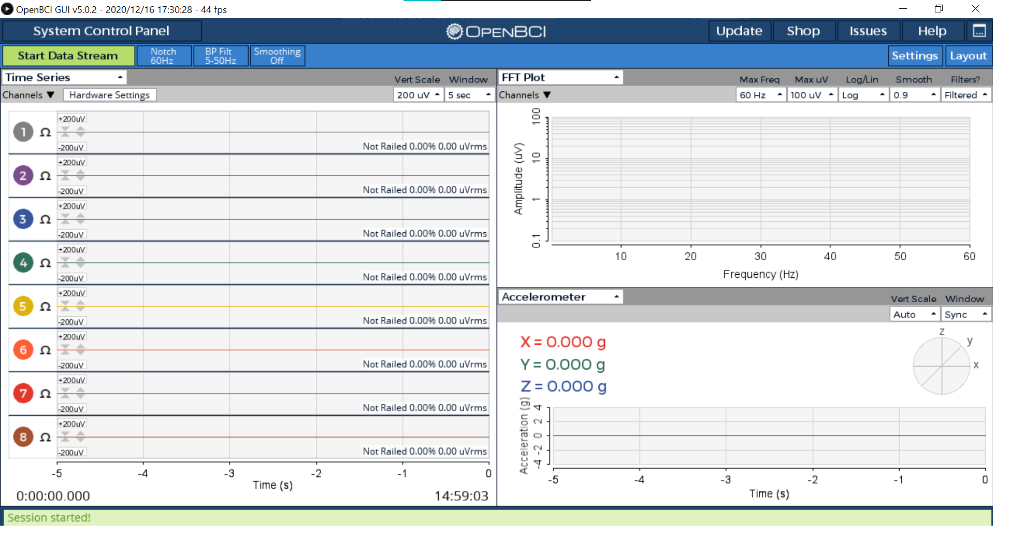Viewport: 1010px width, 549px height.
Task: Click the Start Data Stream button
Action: pos(68,56)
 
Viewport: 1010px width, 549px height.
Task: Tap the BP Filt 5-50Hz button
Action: pos(220,56)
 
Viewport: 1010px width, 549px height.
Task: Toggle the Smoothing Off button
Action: pos(277,56)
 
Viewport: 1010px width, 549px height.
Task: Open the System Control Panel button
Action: pos(102,31)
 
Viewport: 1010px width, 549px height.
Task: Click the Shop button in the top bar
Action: pos(803,31)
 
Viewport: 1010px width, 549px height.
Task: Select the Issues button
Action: pos(868,31)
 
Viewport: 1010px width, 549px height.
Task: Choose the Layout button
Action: pos(968,55)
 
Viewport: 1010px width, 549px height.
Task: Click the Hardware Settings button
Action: pos(109,95)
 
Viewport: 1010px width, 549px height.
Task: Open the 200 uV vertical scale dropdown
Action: pos(418,95)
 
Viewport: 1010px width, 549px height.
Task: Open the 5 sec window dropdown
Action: pos(468,95)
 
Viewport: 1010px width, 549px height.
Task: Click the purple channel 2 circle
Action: pos(23,176)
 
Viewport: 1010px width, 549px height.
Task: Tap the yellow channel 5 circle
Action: pos(23,306)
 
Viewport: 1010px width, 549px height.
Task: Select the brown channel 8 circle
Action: pos(23,437)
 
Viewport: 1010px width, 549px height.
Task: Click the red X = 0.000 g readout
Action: pos(563,342)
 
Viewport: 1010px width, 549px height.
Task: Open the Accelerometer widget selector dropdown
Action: pos(560,297)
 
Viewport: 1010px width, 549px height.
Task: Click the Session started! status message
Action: pos(49,517)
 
